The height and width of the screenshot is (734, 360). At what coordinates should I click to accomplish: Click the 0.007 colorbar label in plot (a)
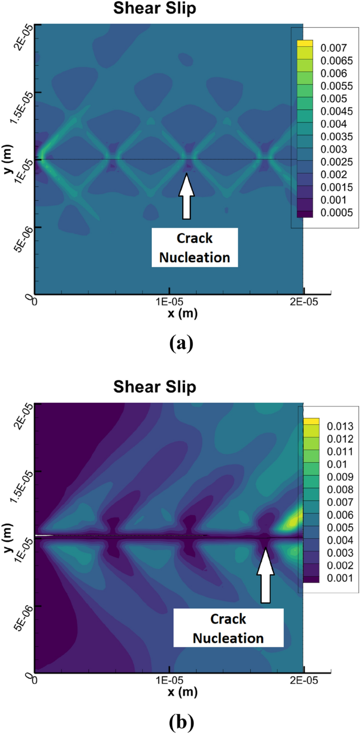[x=331, y=47]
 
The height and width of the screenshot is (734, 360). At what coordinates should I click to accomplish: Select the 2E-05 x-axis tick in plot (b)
[x=304, y=681]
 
